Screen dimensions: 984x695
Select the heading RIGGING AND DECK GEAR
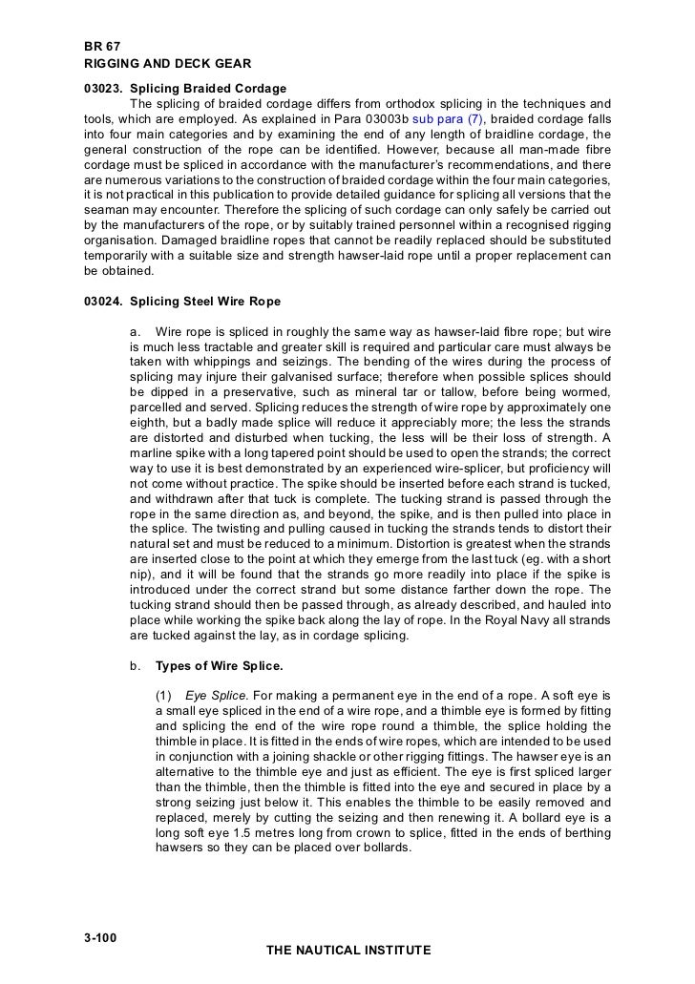167,64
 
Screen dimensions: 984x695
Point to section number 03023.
104,89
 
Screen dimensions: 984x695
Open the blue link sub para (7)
449,118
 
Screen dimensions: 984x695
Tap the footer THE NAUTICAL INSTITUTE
347,951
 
